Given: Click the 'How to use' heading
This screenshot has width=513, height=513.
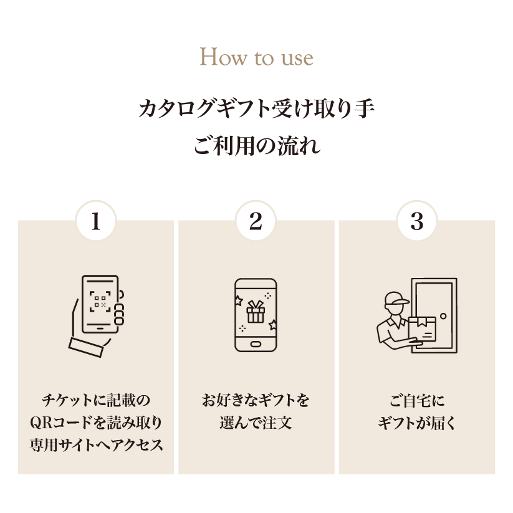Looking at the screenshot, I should coord(256,58).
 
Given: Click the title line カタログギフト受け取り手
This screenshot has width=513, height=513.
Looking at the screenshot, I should coord(256,109).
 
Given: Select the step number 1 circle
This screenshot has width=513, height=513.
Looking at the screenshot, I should coord(95,222).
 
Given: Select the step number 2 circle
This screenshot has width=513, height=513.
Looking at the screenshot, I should coord(256,222).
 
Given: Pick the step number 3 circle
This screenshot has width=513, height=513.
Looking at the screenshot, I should coord(416,222).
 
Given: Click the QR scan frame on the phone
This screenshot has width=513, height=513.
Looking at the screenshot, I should coord(100,302).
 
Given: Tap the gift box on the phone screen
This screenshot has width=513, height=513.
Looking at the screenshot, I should coord(256,311).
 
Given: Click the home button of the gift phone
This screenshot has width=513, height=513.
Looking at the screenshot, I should coord(256,343).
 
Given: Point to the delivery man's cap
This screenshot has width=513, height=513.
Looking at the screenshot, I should coord(394,300).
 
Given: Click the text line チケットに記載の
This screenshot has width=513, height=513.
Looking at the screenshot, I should coord(95,400).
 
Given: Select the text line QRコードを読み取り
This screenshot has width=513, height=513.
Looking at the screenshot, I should coord(95,423).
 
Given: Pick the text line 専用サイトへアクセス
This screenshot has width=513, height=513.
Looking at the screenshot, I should coord(95,445).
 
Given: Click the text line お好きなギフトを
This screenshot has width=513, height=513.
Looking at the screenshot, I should coord(256,400).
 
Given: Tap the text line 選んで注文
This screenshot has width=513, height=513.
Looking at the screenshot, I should coord(256,423).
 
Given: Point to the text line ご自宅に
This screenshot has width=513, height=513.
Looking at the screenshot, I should coord(416,400).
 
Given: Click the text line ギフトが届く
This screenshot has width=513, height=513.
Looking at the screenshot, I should coord(416,423).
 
